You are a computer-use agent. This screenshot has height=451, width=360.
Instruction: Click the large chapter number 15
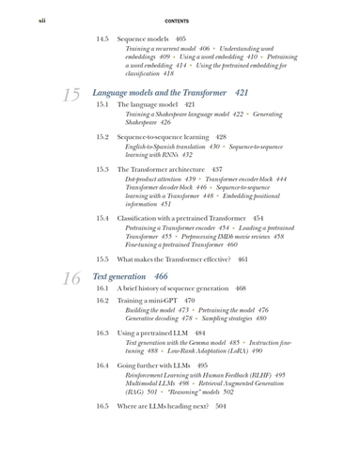click(69, 95)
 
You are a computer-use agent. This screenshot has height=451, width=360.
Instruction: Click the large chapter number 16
click(69, 278)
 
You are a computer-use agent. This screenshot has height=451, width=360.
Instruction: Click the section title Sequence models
click(141, 39)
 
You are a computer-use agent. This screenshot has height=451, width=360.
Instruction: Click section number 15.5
click(103, 257)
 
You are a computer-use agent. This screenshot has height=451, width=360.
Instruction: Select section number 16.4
click(103, 365)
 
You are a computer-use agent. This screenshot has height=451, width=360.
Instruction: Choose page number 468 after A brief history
click(241, 288)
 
